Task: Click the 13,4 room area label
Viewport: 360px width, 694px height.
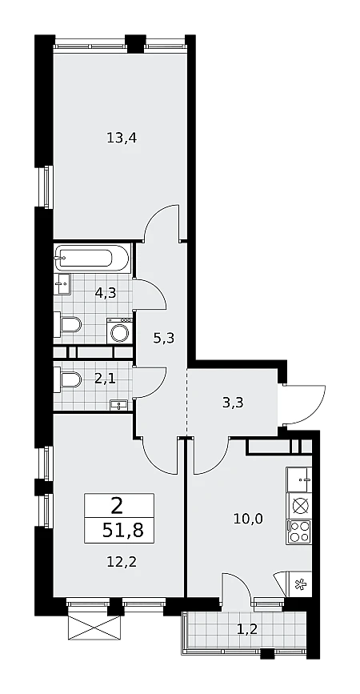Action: [x=122, y=138]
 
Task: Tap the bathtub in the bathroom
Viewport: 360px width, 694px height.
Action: [x=91, y=258]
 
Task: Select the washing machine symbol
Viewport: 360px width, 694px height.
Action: [x=119, y=331]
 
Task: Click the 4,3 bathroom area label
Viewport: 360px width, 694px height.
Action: [x=106, y=292]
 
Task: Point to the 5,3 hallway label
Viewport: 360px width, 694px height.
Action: [x=164, y=339]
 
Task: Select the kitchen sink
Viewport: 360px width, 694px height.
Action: [x=299, y=479]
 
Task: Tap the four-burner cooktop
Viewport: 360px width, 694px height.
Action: [x=299, y=532]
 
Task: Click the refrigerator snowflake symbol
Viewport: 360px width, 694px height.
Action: [x=301, y=584]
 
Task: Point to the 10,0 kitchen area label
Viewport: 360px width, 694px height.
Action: [x=248, y=518]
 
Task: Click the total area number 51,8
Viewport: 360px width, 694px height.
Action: [x=122, y=530]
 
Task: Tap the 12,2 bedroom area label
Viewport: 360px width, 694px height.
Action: [x=122, y=562]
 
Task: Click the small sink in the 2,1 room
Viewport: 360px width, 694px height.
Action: [x=118, y=404]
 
